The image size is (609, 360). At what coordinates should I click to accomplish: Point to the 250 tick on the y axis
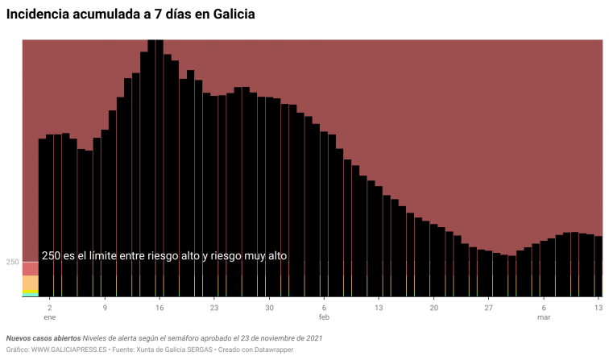pos(12,262)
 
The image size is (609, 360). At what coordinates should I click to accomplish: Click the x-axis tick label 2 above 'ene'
pos(50,308)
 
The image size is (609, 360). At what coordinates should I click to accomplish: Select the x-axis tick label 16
pos(159,308)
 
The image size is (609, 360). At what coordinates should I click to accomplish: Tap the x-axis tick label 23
pos(214,308)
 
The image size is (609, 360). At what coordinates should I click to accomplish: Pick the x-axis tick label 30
pos(269,308)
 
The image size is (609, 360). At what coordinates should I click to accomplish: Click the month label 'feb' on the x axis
pos(324,318)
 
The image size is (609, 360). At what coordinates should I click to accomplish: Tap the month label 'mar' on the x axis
pos(544,318)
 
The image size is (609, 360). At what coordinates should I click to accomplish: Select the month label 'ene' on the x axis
pos(50,318)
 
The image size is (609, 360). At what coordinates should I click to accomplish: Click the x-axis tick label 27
pos(488,308)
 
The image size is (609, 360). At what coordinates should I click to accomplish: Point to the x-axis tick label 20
pos(433,308)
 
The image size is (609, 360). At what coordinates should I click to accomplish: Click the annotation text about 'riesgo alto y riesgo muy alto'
pos(164,255)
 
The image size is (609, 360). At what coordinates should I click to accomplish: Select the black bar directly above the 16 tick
pos(159,169)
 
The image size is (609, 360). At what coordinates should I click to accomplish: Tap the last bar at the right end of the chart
pos(599,266)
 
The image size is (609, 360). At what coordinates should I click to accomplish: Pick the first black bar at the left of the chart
pos(43,217)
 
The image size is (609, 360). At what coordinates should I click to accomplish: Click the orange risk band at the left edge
pos(30,282)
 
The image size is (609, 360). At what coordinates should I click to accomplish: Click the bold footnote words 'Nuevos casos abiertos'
pos(43,338)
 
